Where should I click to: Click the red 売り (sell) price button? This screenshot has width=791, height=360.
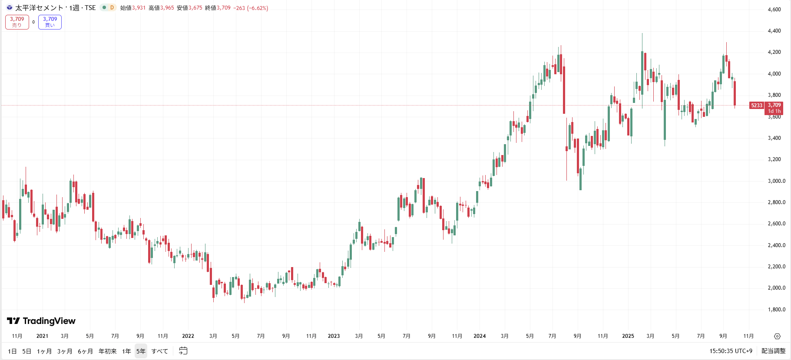click(17, 22)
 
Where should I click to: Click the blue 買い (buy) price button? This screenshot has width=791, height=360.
click(50, 22)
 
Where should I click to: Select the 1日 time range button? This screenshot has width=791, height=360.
click(12, 351)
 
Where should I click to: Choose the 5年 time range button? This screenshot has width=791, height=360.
click(141, 351)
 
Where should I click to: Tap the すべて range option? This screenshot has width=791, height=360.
click(159, 351)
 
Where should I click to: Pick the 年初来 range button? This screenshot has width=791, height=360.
click(107, 351)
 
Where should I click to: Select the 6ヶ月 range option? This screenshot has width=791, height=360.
click(85, 351)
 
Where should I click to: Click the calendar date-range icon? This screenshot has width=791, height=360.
click(183, 350)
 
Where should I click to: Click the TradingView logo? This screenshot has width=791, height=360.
click(41, 321)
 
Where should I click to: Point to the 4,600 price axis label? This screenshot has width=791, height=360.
click(774, 9)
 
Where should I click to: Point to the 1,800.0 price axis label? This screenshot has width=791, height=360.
click(776, 310)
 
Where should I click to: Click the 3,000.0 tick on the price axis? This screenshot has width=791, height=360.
click(776, 181)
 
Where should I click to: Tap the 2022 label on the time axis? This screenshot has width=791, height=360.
click(188, 336)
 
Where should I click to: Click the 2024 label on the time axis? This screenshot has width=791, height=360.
click(480, 336)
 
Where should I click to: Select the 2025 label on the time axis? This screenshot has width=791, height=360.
click(628, 336)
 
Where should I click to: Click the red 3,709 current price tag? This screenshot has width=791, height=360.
click(774, 105)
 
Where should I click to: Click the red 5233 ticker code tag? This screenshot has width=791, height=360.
click(757, 105)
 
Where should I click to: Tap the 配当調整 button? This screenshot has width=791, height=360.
click(773, 351)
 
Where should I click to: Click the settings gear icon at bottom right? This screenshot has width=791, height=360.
click(777, 336)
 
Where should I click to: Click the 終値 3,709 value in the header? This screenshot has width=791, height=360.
click(224, 8)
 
